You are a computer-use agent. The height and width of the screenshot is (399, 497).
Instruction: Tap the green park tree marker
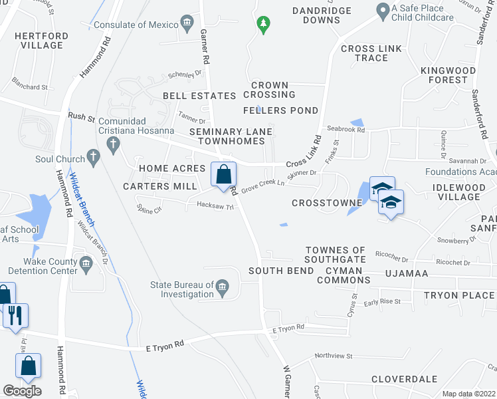[x=264, y=25]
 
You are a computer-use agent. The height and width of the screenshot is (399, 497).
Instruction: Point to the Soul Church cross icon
[x=94, y=159]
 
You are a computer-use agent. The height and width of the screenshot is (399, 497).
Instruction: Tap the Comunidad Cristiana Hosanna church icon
[x=114, y=144]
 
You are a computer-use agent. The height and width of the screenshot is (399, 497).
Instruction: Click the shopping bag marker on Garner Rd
[x=224, y=175]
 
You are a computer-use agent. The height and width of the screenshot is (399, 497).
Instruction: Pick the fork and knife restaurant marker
[x=15, y=315]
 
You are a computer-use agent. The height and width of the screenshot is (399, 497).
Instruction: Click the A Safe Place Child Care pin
[x=382, y=11]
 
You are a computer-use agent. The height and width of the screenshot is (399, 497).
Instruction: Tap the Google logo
[x=22, y=391]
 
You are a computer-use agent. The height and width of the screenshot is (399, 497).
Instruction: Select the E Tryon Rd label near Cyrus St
[x=288, y=328]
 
